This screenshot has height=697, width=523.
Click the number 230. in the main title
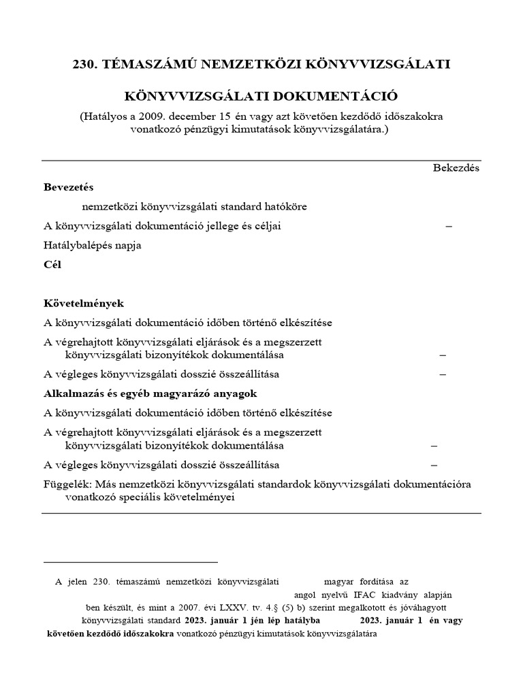pos(86,65)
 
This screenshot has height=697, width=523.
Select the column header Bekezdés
pos(456,167)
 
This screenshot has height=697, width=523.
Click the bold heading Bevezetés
pos(69,187)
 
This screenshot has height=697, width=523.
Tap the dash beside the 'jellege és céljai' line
pos(448,226)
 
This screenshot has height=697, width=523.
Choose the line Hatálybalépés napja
pos(92,245)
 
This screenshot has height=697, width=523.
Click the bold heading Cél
pos(52,265)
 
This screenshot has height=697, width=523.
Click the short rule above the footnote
pos(130,562)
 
